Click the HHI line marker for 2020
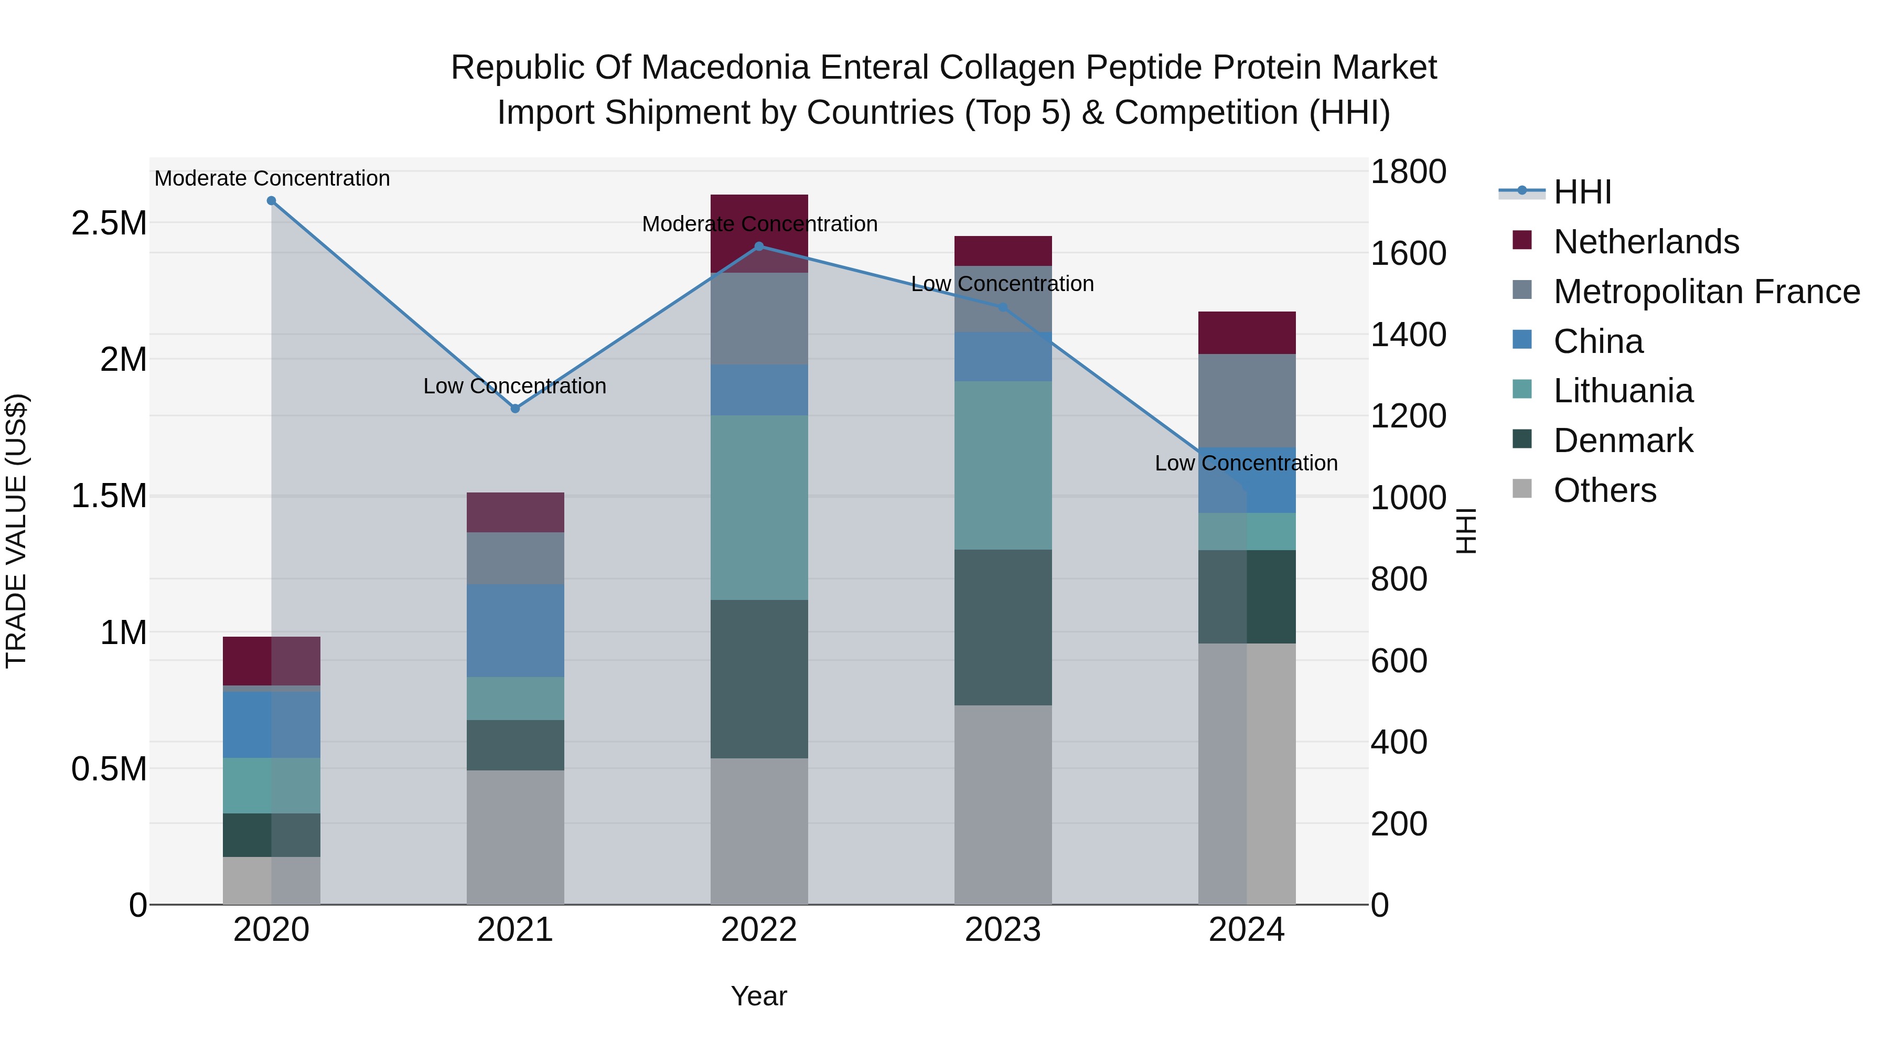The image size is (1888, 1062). point(271,201)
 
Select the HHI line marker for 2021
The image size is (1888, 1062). point(515,408)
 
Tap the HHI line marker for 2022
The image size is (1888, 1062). point(759,247)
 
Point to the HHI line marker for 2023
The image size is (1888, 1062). point(1003,307)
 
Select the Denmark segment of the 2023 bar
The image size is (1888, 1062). point(1003,627)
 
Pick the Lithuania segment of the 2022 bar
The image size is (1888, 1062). point(759,507)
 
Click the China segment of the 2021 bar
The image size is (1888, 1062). point(515,630)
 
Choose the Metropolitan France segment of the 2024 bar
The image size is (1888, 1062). point(1247,400)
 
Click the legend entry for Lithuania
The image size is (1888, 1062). point(1623,391)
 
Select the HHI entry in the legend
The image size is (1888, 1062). point(1582,192)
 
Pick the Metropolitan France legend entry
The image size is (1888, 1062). point(1705,292)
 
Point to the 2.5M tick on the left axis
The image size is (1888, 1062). point(109,223)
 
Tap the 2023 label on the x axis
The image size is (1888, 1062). point(1003,930)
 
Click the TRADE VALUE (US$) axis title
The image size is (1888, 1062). point(17,531)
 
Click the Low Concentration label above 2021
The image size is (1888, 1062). point(514,385)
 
